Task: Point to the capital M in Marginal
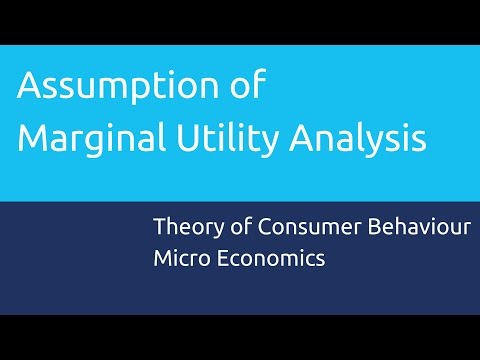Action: pyautogui.click(x=33, y=136)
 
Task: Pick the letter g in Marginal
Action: pyautogui.click(x=99, y=142)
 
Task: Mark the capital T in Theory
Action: pyautogui.click(x=160, y=227)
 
